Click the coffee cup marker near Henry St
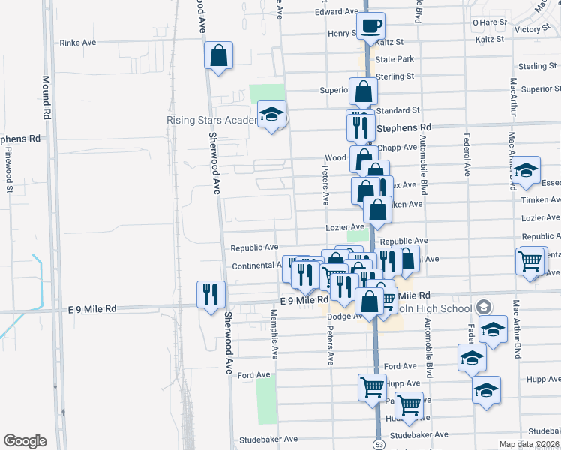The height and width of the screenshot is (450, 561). (x=371, y=27)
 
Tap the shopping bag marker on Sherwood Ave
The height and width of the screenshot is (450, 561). (x=218, y=55)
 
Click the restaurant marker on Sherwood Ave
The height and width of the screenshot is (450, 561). (x=210, y=293)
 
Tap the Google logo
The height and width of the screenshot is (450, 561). (x=25, y=441)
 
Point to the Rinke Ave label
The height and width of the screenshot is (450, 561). (x=79, y=43)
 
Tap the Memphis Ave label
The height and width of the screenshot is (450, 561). (x=274, y=337)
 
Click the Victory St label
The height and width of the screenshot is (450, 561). (x=533, y=29)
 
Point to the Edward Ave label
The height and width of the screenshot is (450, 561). (x=337, y=12)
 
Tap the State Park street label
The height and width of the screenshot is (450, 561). (x=394, y=59)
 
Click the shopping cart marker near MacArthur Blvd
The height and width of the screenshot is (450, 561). (x=529, y=261)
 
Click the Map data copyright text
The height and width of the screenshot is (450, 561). (x=529, y=444)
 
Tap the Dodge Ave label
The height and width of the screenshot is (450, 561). (x=344, y=316)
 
